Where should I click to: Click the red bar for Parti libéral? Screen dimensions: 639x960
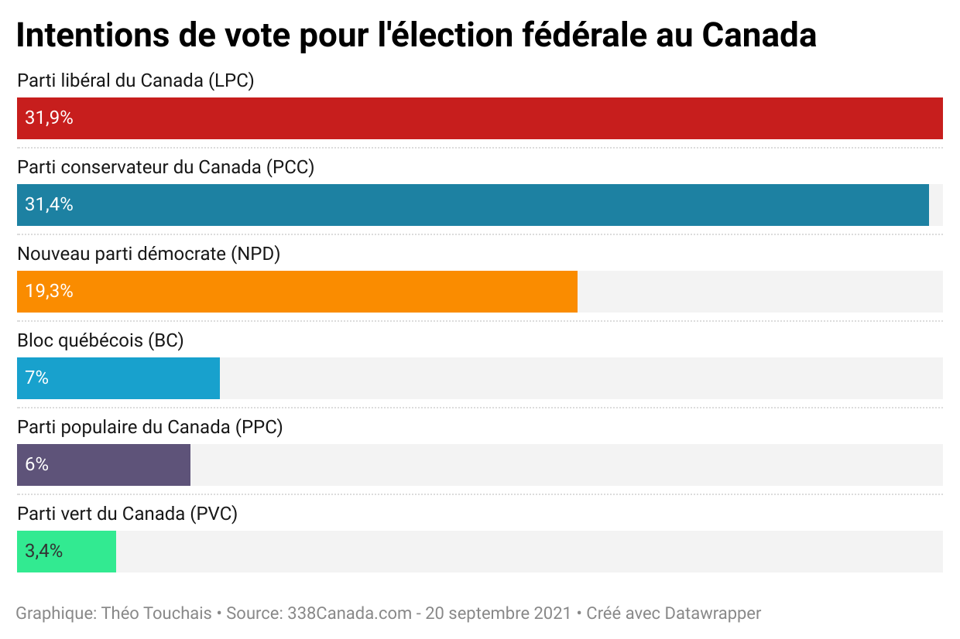point(480,118)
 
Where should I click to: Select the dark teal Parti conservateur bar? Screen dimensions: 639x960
point(472,205)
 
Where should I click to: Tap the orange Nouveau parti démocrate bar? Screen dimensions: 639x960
point(297,292)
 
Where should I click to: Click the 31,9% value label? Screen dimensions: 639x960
point(49,118)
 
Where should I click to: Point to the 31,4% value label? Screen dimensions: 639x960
point(49,205)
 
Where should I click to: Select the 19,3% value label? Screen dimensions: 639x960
point(49,292)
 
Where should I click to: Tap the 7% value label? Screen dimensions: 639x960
point(36,378)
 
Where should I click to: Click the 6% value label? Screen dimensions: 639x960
point(36,465)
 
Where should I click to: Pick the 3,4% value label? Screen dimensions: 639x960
point(43,552)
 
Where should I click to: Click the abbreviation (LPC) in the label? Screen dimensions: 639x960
point(231,80)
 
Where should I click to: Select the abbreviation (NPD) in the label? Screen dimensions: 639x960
point(255,253)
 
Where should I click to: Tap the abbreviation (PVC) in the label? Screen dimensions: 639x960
point(213,513)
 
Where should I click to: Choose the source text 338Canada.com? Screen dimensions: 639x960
point(349,613)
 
